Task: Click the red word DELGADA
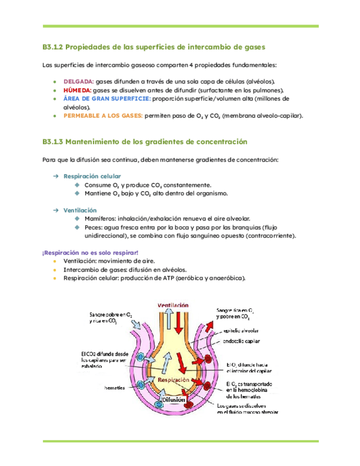pyautogui.click(x=79, y=81)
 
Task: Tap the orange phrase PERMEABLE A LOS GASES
pyautogui.click(x=103, y=116)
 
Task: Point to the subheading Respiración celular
pyautogui.click(x=85, y=176)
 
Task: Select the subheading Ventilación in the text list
pyautogui.click(x=80, y=210)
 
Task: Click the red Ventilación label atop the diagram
pyautogui.click(x=173, y=305)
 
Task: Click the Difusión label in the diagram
pyautogui.click(x=174, y=400)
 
